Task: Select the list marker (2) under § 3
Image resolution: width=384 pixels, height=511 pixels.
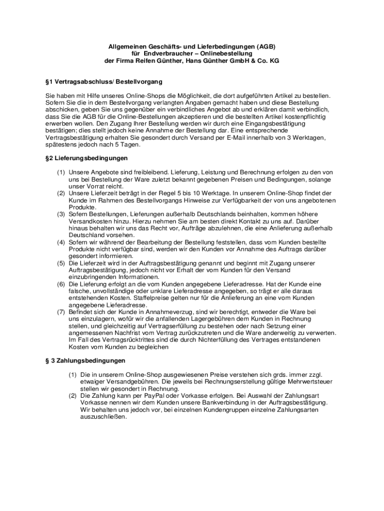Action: click(x=72, y=395)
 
